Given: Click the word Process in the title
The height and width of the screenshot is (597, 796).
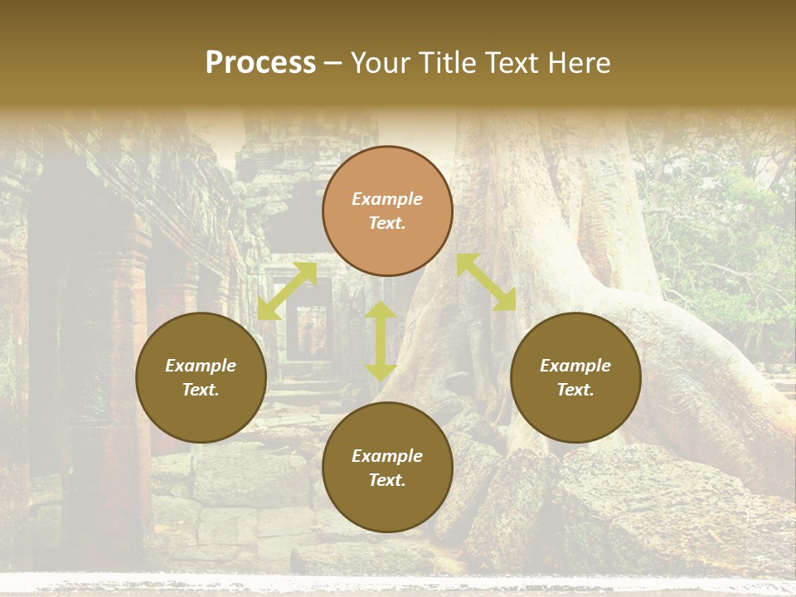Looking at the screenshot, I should pyautogui.click(x=260, y=63).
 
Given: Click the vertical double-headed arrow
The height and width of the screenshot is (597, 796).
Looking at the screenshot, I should pyautogui.click(x=381, y=341).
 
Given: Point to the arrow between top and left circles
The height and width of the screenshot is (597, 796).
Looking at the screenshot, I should pyautogui.click(x=287, y=291).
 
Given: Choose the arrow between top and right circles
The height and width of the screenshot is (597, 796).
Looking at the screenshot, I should pyautogui.click(x=487, y=282).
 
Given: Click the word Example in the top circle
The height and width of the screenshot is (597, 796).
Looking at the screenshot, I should pyautogui.click(x=387, y=199).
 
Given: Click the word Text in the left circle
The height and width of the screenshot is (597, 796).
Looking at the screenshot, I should pyautogui.click(x=201, y=390).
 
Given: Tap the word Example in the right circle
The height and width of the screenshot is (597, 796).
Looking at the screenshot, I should pyautogui.click(x=575, y=366).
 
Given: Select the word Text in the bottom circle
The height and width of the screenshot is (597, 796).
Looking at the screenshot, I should pyautogui.click(x=387, y=480).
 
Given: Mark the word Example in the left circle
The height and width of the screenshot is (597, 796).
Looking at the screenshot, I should pyautogui.click(x=201, y=366).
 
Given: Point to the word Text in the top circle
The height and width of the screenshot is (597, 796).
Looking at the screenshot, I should pyautogui.click(x=387, y=223).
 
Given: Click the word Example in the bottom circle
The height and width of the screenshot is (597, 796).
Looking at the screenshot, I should pyautogui.click(x=387, y=456).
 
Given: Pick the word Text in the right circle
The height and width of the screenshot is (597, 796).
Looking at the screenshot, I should pyautogui.click(x=575, y=390).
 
